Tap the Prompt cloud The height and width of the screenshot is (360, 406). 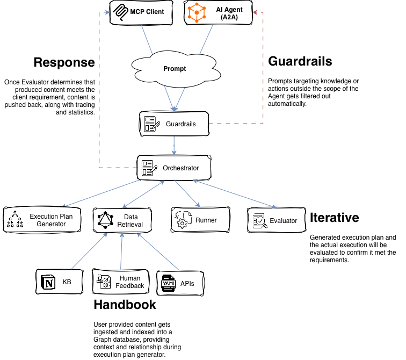coord(175,69)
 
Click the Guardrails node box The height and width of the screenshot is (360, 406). coord(174,124)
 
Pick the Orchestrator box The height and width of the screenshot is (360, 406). coord(174,168)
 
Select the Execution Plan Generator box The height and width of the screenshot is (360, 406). coord(42,220)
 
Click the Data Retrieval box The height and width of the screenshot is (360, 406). coord(120,220)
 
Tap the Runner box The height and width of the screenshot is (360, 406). coord(200,220)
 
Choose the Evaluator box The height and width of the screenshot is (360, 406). coord(276,220)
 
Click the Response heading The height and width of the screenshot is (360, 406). coord(64,62)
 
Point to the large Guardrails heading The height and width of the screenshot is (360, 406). coord(300,61)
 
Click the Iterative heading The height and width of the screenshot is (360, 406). coord(334,218)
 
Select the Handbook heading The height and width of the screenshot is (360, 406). coord(125,305)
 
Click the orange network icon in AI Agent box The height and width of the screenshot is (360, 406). coord(197,12)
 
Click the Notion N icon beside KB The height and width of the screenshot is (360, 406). coord(49,282)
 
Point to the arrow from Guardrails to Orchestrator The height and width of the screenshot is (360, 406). coord(174,145)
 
